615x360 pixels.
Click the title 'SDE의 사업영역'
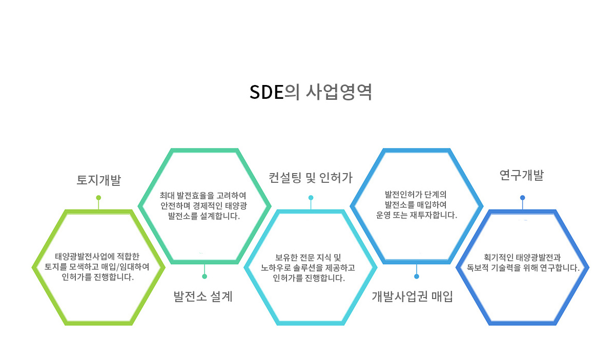pyautogui.click(x=311, y=92)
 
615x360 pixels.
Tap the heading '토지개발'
pyautogui.click(x=98, y=180)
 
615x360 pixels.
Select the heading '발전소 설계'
pyautogui.click(x=203, y=297)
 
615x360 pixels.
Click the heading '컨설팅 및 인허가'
pyautogui.click(x=311, y=178)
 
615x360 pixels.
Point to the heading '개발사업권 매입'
pyautogui.click(x=412, y=297)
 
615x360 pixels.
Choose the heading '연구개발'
pyautogui.click(x=521, y=175)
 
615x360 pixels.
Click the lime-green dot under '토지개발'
pyautogui.click(x=98, y=198)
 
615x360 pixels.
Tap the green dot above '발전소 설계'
pyautogui.click(x=204, y=277)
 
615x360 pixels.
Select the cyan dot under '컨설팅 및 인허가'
pyautogui.click(x=311, y=198)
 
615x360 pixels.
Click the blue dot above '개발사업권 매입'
pyautogui.click(x=417, y=277)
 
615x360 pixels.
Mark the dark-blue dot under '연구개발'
pyautogui.click(x=522, y=198)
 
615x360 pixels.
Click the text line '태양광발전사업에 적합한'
pyautogui.click(x=97, y=256)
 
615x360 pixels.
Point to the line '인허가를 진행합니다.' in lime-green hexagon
pyautogui.click(x=98, y=277)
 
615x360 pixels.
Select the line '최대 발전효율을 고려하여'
pyautogui.click(x=203, y=196)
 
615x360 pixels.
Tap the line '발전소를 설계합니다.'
pyautogui.click(x=204, y=216)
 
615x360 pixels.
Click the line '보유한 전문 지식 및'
pyautogui.click(x=308, y=258)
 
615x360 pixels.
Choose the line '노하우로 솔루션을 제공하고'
pyautogui.click(x=308, y=267)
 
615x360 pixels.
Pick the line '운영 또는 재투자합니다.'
pyautogui.click(x=417, y=215)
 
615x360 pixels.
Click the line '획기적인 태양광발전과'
pyautogui.click(x=522, y=258)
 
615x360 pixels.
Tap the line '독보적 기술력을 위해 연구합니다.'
pyautogui.click(x=523, y=267)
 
